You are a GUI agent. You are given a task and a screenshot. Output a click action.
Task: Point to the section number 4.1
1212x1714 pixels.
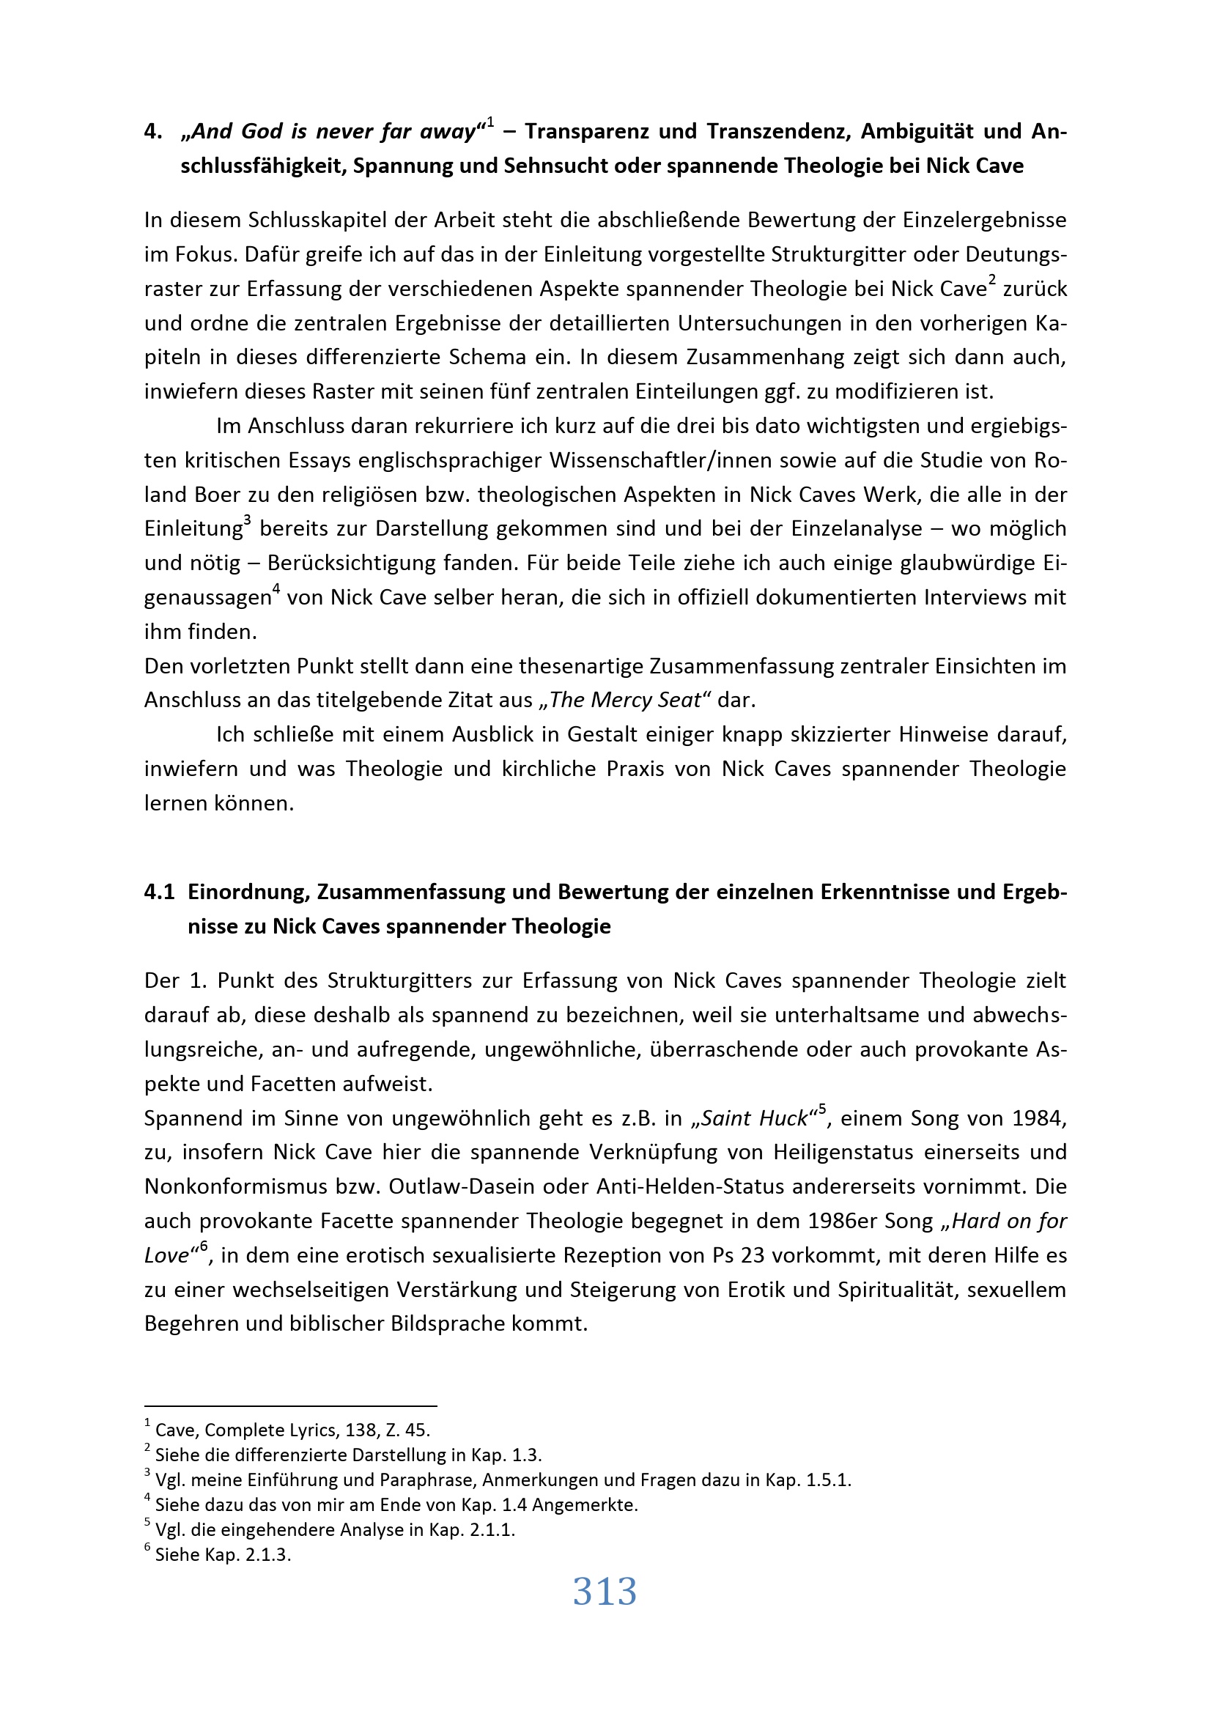pos(159,892)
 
